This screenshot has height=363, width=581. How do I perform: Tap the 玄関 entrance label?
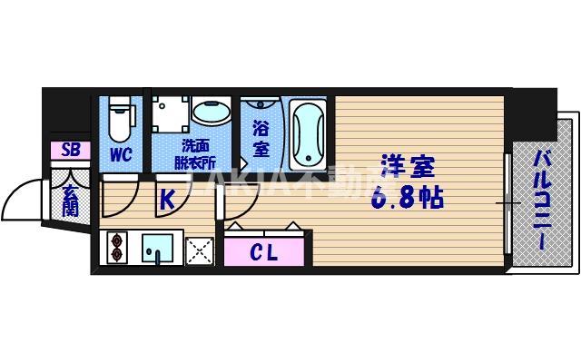pyautogui.click(x=71, y=198)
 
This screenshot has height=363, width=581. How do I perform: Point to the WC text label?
pyautogui.click(x=122, y=155)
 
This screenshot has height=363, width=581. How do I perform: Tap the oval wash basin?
pyautogui.click(x=212, y=113)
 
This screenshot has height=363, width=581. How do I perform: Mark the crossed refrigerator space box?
pyautogui.click(x=199, y=248)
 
